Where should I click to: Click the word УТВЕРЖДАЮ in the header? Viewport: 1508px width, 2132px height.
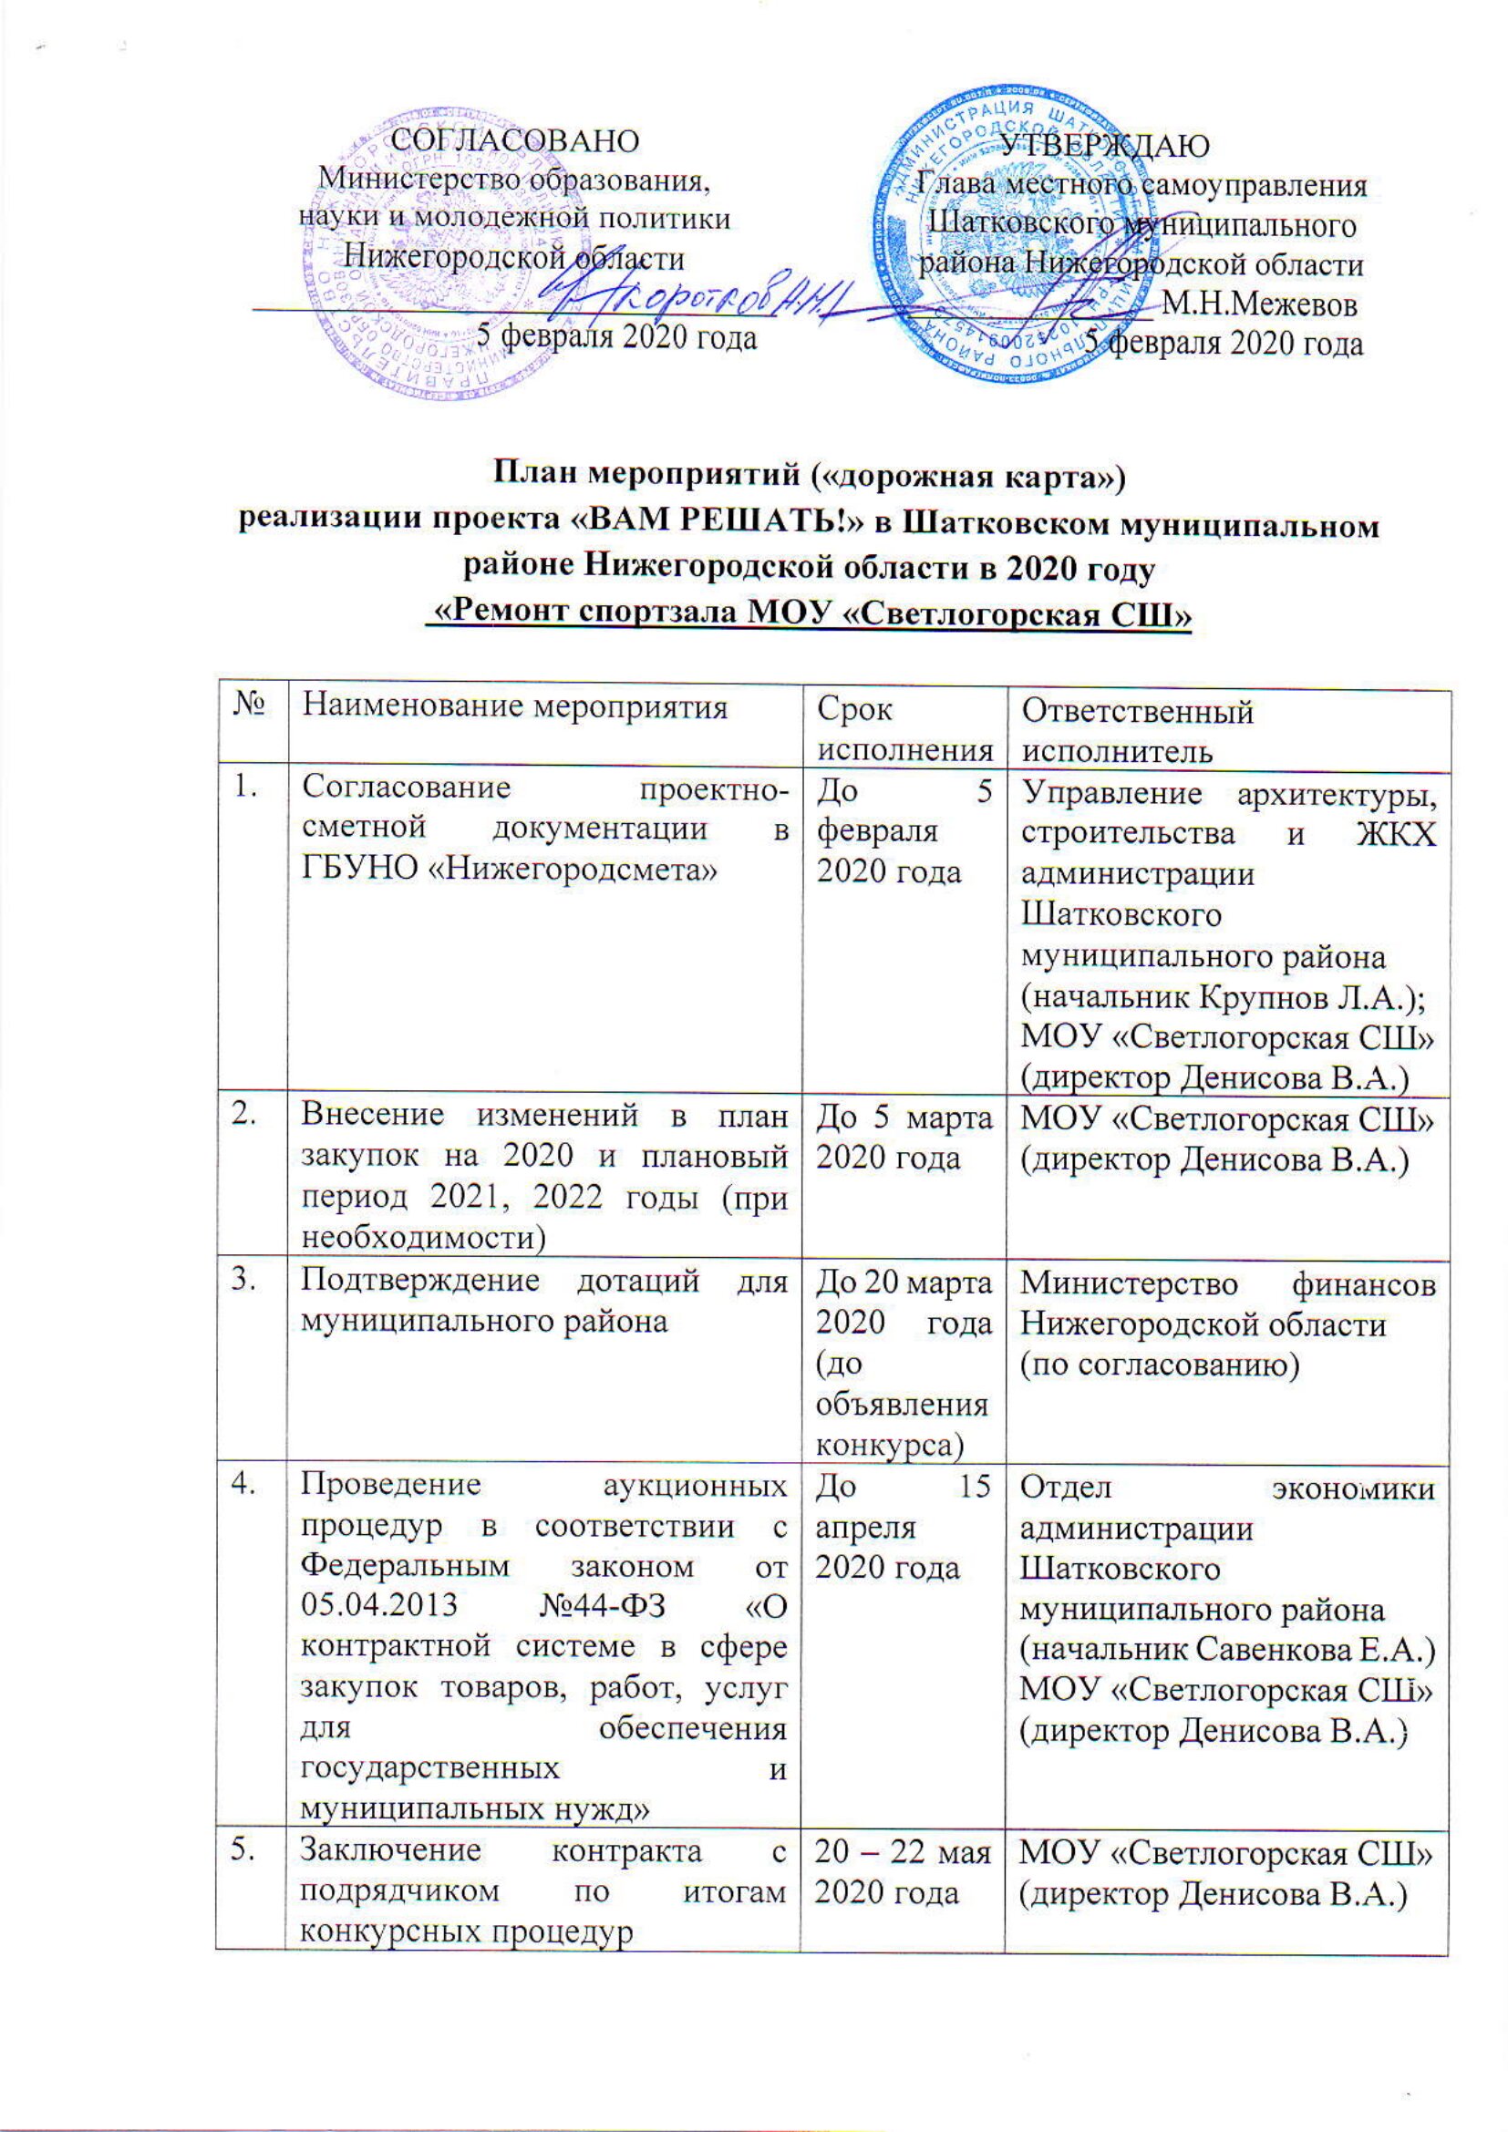[x=1105, y=145]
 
